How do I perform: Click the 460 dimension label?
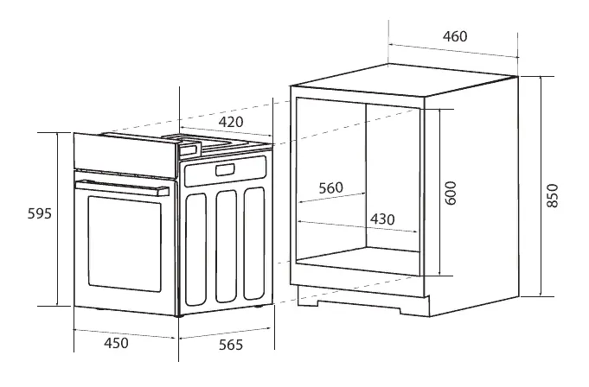click(x=454, y=36)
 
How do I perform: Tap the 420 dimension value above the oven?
click(x=230, y=121)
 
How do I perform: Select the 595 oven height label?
click(x=23, y=213)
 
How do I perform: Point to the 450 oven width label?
click(x=116, y=343)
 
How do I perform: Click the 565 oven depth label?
click(x=229, y=345)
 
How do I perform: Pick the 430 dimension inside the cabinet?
click(x=382, y=219)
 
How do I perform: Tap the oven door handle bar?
click(x=121, y=187)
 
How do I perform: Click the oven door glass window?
click(x=126, y=244)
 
